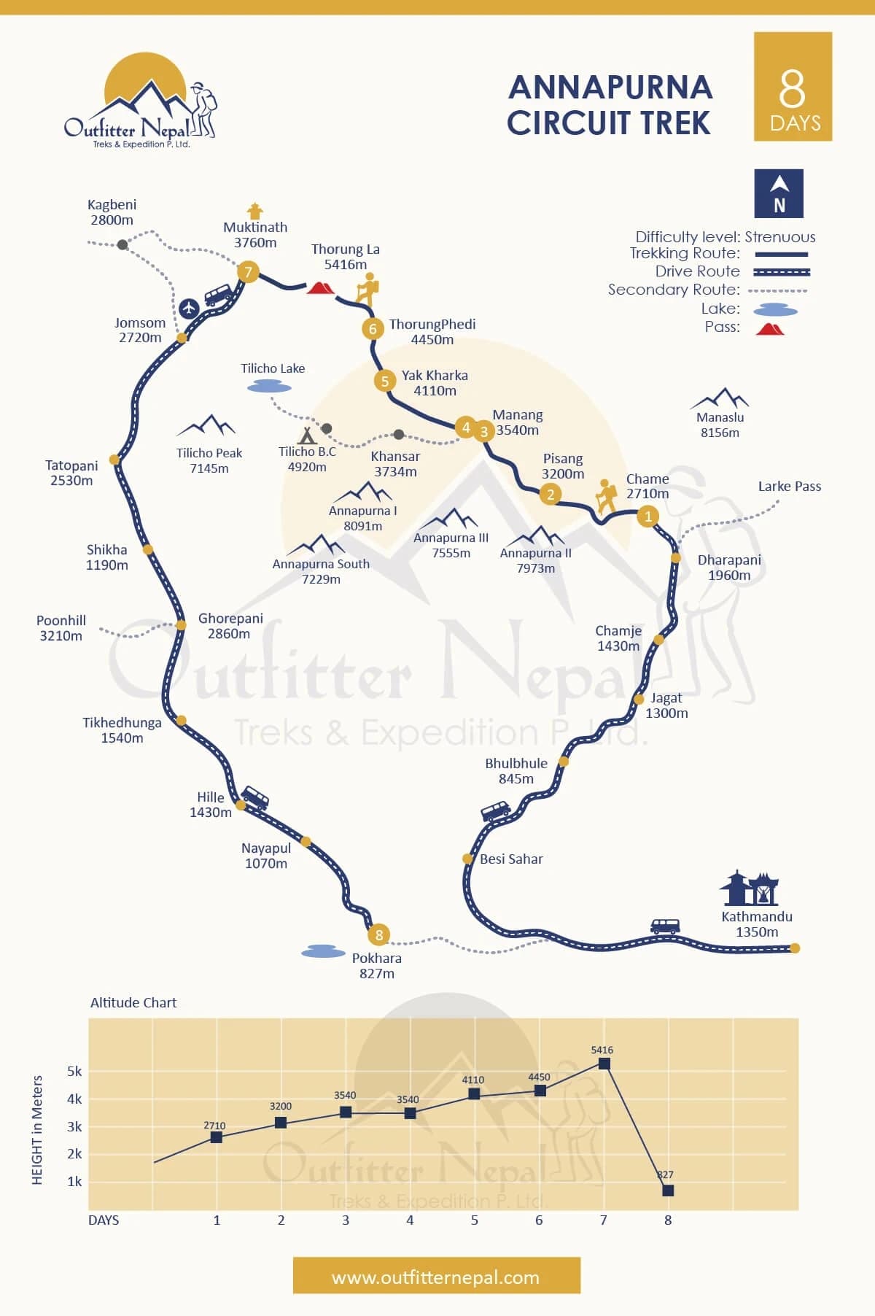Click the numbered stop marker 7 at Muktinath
248,272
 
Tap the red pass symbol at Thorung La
320,288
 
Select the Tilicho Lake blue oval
269,387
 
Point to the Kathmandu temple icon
750,888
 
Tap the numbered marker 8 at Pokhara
378,934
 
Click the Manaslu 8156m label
720,425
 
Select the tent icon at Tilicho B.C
308,436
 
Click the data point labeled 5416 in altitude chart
604,1064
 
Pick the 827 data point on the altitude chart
668,1191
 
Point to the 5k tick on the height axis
74,1072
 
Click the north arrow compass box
779,193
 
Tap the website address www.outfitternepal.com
436,1277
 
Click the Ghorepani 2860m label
230,626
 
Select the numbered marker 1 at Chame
647,516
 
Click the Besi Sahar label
511,859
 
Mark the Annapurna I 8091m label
362,518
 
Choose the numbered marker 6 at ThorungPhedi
373,328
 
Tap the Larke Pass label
789,486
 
